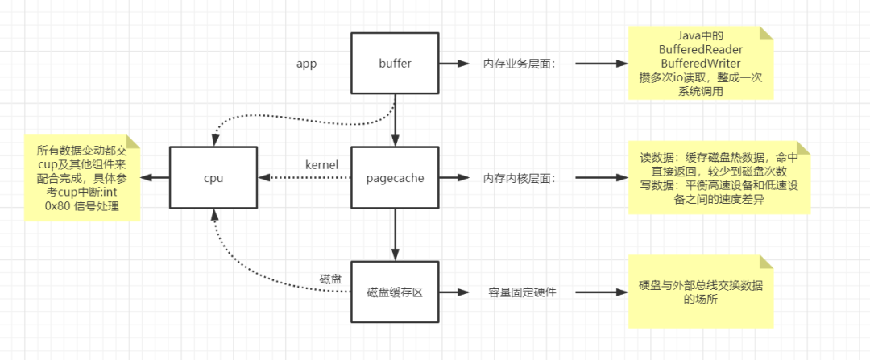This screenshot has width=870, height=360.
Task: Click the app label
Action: pyautogui.click(x=306, y=64)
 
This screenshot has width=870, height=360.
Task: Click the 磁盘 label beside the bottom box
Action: pyautogui.click(x=331, y=279)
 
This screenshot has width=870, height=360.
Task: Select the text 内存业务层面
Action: pyautogui.click(x=519, y=64)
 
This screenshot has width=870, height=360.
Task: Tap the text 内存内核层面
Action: pyautogui.click(x=519, y=178)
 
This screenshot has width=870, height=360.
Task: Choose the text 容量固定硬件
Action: pyautogui.click(x=521, y=292)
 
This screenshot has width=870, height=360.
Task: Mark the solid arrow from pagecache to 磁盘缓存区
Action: pyautogui.click(x=395, y=234)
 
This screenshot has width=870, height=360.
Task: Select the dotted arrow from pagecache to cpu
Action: pyautogui.click(x=304, y=177)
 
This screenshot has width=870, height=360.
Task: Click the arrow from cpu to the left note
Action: pyautogui.click(x=155, y=177)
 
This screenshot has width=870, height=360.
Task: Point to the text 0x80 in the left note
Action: pyautogui.click(x=56, y=206)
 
